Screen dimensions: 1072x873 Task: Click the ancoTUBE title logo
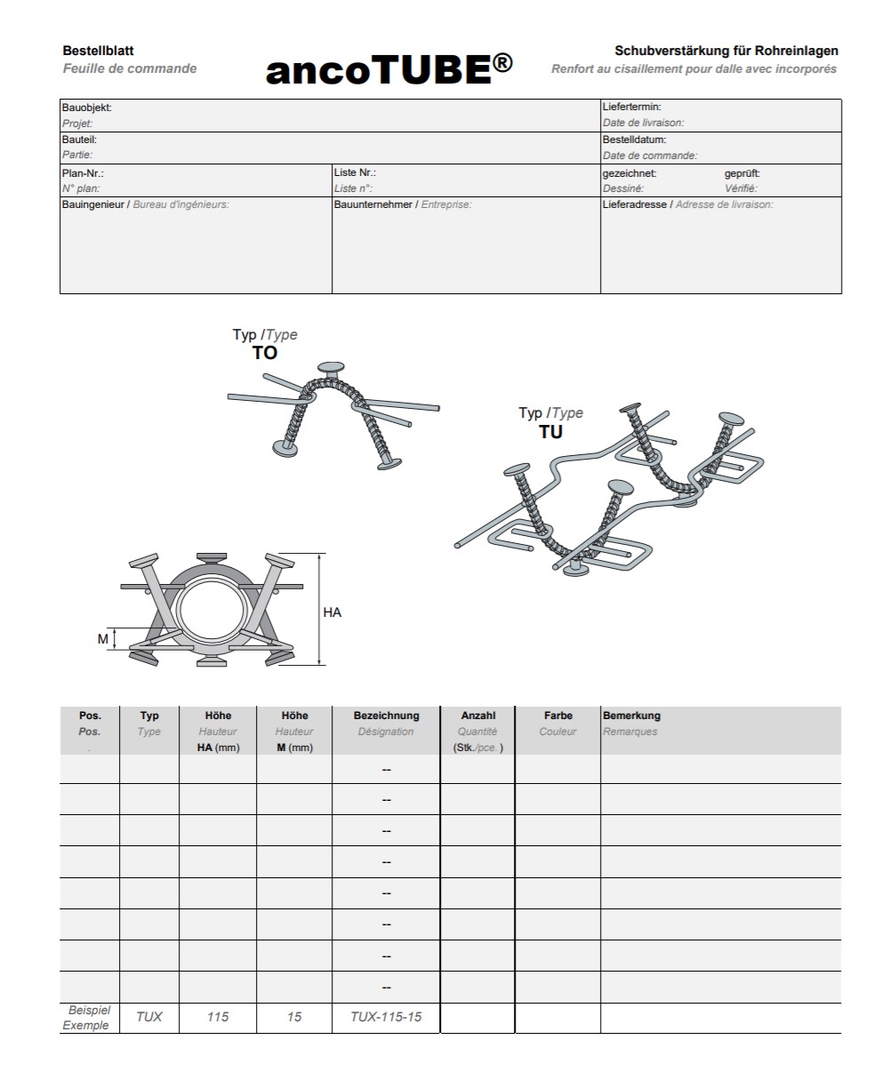[389, 69]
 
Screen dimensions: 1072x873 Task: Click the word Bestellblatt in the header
[99, 52]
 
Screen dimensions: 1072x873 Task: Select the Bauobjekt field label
[86, 108]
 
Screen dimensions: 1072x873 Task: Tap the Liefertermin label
[631, 108]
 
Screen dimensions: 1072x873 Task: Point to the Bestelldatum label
[634, 140]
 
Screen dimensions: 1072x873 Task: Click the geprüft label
[741, 173]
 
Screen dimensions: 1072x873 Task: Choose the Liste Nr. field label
[355, 172]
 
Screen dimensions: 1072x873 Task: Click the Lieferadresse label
[635, 204]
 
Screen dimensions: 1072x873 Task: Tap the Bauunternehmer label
[372, 204]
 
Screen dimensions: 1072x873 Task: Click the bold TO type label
[265, 353]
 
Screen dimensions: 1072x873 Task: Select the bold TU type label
[550, 433]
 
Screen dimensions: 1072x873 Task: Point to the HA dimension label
[332, 612]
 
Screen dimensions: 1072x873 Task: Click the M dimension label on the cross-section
[103, 639]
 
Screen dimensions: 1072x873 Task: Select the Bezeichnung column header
[386, 716]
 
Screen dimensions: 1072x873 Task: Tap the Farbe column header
[557, 716]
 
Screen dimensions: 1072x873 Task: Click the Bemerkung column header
[631, 716]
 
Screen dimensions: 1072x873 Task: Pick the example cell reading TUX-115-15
[386, 1017]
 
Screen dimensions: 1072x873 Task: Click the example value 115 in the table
[218, 1017]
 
